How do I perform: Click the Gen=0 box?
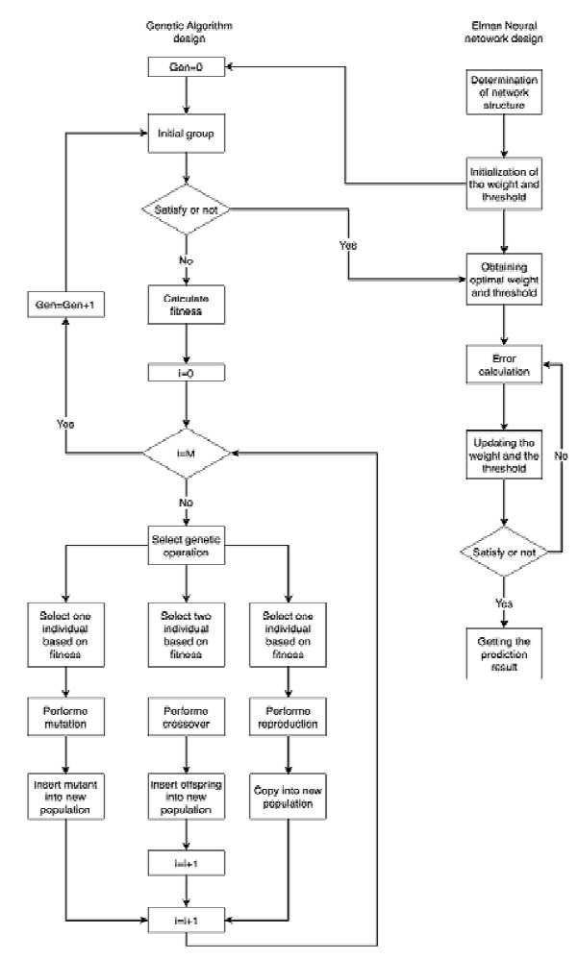(187, 67)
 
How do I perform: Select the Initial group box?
(187, 134)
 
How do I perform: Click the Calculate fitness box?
(187, 305)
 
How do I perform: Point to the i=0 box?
(187, 373)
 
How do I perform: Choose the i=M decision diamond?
(187, 454)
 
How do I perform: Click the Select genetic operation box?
(187, 546)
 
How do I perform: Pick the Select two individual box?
(187, 635)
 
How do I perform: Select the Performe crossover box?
(187, 718)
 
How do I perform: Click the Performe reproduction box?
(288, 718)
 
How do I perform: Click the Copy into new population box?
(288, 797)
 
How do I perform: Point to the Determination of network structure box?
(504, 91)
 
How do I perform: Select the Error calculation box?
(504, 365)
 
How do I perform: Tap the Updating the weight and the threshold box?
(504, 455)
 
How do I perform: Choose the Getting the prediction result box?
(504, 653)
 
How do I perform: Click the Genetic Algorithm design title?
(189, 32)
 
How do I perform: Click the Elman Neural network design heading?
(504, 32)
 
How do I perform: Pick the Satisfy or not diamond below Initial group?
(187, 209)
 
